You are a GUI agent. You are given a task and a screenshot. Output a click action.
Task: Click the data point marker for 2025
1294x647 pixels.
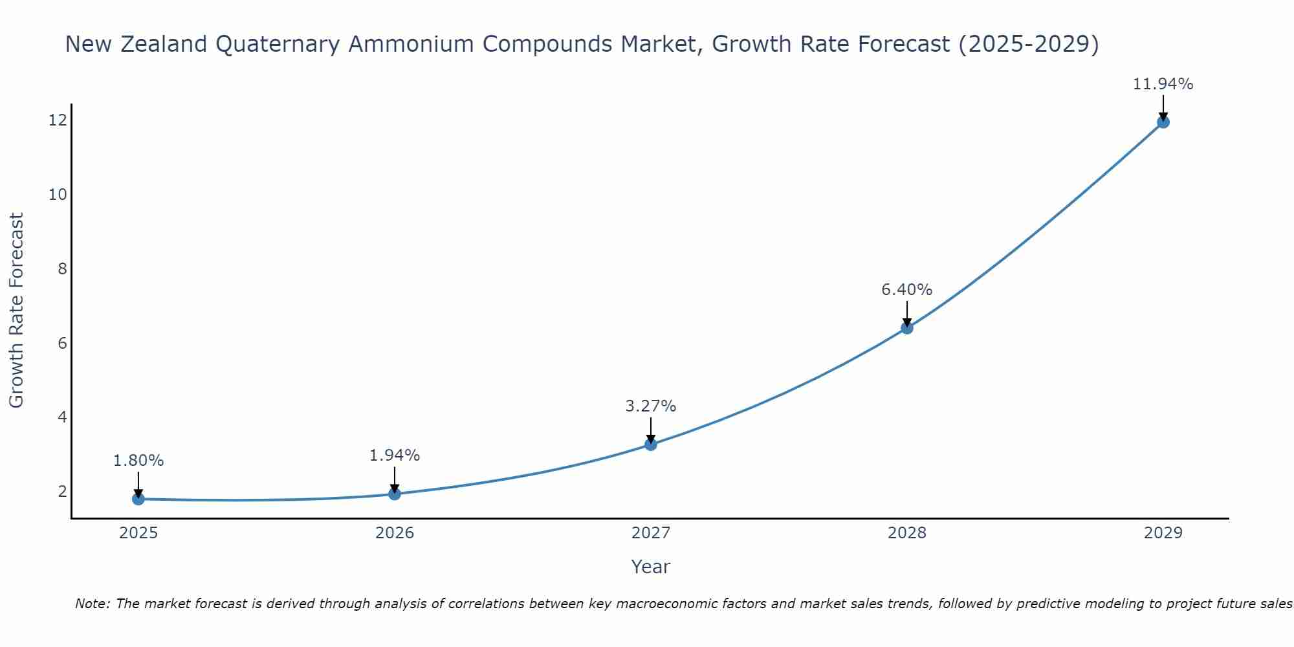[138, 499]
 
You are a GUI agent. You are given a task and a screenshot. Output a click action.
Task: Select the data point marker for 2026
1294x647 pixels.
[395, 494]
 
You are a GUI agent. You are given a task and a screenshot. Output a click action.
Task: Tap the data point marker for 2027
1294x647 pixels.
[651, 444]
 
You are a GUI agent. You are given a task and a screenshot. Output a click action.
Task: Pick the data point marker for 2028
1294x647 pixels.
[907, 328]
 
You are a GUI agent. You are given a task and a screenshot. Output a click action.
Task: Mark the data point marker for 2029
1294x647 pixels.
[1163, 122]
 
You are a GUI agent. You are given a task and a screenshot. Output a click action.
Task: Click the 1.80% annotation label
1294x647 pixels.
[138, 461]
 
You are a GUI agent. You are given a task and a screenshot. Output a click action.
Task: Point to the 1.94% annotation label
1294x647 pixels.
[395, 455]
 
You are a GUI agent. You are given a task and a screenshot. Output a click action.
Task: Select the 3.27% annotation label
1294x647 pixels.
[651, 406]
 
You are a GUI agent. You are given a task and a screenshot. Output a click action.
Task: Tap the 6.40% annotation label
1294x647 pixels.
[907, 290]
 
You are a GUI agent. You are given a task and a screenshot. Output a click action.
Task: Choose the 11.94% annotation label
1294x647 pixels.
[1163, 84]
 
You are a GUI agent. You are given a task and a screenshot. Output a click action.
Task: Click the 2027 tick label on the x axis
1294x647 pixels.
[651, 533]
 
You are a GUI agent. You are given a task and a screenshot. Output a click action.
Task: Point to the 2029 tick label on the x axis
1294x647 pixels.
[1163, 533]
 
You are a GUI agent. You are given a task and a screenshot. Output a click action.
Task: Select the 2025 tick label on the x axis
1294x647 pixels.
[138, 533]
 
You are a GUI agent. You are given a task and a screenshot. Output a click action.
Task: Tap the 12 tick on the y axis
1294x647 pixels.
[58, 120]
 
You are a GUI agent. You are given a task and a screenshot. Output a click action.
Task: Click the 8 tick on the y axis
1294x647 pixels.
[62, 269]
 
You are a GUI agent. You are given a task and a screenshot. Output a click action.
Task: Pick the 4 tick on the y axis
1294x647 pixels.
[62, 417]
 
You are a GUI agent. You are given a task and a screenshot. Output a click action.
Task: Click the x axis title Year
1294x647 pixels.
[651, 567]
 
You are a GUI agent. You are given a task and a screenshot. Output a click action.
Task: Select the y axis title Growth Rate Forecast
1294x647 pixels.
[16, 311]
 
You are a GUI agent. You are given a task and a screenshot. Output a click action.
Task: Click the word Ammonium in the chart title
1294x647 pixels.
[414, 44]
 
